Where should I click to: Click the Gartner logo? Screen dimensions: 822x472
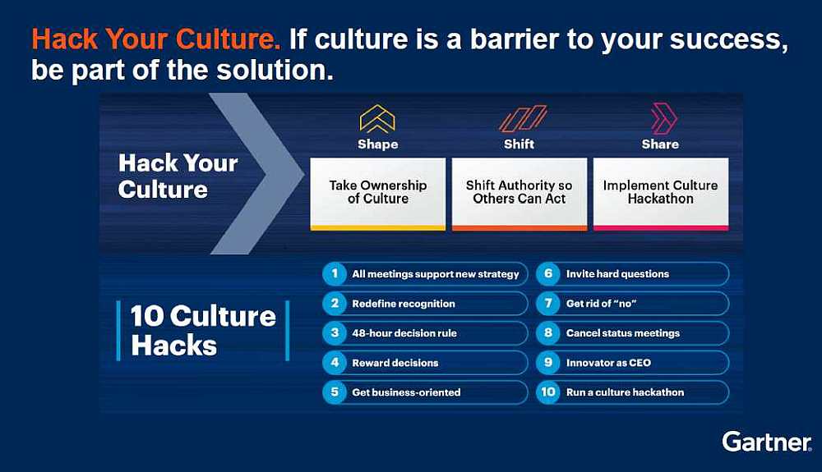(x=766, y=442)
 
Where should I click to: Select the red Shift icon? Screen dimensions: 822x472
(x=523, y=118)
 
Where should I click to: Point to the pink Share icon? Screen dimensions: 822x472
(x=663, y=118)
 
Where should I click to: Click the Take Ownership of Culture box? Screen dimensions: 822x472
(x=377, y=195)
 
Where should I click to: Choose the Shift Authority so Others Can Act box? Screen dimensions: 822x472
(x=519, y=195)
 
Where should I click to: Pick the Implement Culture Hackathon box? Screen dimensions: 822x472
(x=661, y=195)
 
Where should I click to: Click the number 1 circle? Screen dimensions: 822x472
(x=335, y=273)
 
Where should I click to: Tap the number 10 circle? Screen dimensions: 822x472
(x=547, y=392)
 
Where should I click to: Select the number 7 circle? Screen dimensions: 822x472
(x=547, y=304)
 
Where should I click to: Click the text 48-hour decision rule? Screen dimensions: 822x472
(x=404, y=333)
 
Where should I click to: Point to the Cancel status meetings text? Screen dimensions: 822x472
(x=623, y=333)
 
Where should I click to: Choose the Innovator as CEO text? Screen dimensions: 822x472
(x=608, y=363)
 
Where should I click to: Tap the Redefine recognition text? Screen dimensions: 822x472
(x=404, y=304)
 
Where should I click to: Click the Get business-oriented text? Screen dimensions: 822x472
(x=406, y=392)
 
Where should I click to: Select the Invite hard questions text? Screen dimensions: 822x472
(x=617, y=273)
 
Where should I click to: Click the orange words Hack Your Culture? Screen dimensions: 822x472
(x=155, y=39)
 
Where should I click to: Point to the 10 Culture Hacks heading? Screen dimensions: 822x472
(x=203, y=330)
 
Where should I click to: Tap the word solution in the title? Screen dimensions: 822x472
(x=275, y=70)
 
